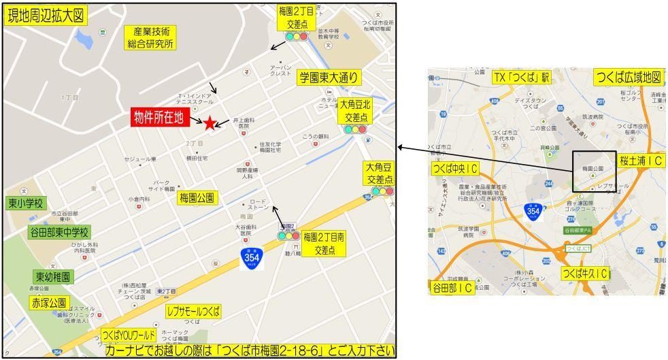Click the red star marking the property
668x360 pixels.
210,122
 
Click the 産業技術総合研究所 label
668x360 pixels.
150,37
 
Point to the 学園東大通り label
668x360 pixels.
329,77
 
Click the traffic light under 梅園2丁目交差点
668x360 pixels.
297,35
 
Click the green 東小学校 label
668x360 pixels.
26,203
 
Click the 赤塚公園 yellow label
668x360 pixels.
48,301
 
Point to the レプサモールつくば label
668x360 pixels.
194,311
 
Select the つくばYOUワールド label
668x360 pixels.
129,336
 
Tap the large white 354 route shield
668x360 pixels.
251,258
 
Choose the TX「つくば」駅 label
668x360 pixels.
522,77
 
